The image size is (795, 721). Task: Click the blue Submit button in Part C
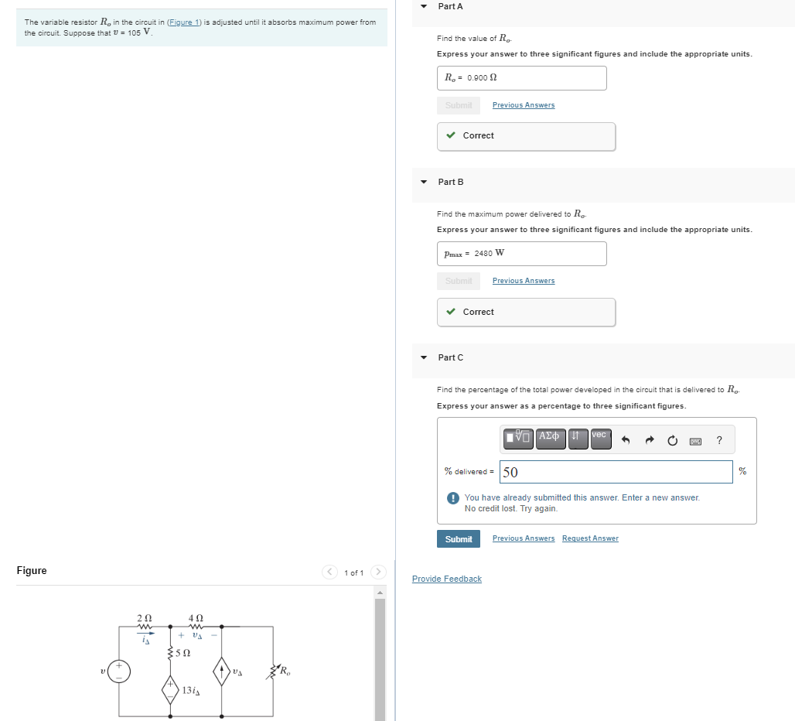coord(459,539)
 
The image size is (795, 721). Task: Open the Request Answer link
coord(590,538)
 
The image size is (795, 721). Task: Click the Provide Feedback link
coord(446,579)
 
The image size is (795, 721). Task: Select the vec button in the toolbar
coord(600,439)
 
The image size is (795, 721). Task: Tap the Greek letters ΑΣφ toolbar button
coord(550,439)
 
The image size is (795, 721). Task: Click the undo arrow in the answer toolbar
coord(626,441)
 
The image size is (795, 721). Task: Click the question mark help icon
coord(719,441)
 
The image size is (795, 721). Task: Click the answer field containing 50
coord(616,472)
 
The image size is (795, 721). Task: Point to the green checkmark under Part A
coord(451,135)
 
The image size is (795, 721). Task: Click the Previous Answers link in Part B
coord(523,281)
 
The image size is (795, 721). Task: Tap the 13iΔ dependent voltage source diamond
coord(170,689)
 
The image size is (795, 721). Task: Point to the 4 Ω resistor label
coord(196,618)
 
